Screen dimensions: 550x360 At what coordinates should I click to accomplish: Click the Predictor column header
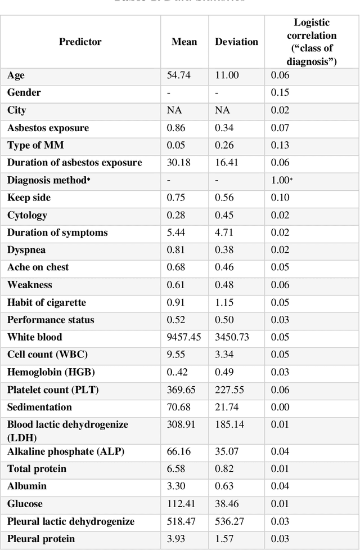pyautogui.click(x=80, y=42)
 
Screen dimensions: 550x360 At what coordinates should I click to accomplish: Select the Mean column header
pyautogui.click(x=184, y=42)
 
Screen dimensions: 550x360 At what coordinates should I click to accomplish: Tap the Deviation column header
pyautogui.click(x=236, y=42)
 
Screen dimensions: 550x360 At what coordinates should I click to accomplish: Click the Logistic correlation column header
pyautogui.click(x=312, y=42)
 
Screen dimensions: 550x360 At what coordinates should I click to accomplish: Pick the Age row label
pyautogui.click(x=16, y=75)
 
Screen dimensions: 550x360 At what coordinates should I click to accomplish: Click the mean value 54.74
pyautogui.click(x=178, y=75)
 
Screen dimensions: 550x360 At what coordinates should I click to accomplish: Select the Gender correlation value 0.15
pyautogui.click(x=280, y=93)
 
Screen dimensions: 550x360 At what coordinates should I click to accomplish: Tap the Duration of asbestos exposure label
pyautogui.click(x=74, y=163)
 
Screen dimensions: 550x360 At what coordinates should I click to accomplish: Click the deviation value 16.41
pyautogui.click(x=226, y=163)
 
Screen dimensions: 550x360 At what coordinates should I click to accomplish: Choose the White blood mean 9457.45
pyautogui.click(x=184, y=338)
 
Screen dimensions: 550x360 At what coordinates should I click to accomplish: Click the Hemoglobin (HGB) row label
pyautogui.click(x=51, y=373)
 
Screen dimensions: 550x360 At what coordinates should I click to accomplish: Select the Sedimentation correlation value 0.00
pyautogui.click(x=280, y=408)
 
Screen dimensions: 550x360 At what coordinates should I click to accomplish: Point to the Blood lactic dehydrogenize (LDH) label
pyautogui.click(x=67, y=431)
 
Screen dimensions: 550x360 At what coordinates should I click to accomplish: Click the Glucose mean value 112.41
pyautogui.click(x=181, y=504)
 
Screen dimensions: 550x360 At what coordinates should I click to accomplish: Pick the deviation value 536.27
pyautogui.click(x=229, y=522)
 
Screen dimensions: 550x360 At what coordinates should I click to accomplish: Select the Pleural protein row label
pyautogui.click(x=41, y=539)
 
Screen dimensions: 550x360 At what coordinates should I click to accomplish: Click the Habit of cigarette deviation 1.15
pyautogui.click(x=224, y=303)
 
